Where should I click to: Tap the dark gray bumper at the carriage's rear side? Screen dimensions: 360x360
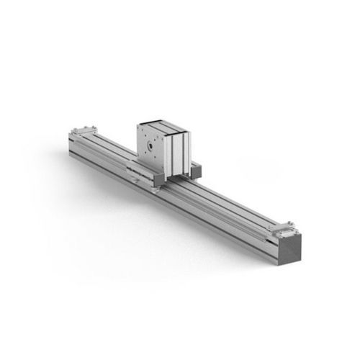195,171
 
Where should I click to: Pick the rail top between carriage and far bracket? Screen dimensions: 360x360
108,148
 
